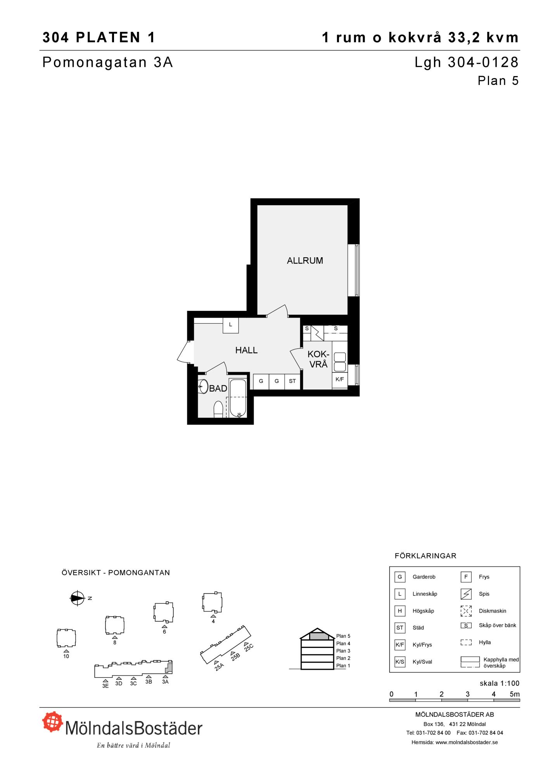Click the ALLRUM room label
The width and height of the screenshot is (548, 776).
click(305, 261)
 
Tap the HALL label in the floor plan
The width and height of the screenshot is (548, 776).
click(246, 350)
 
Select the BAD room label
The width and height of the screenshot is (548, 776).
click(218, 388)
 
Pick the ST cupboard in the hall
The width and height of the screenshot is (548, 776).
click(292, 381)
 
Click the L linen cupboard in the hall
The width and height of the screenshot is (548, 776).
click(230, 325)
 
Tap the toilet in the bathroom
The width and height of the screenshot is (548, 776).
click(218, 409)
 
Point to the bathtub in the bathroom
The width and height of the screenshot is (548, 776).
click(237, 398)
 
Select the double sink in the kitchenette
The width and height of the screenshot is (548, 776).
click(340, 362)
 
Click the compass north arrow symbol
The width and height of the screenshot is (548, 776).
click(77, 598)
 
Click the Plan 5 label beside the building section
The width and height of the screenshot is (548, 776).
click(343, 636)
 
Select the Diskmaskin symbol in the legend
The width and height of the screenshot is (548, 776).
click(466, 611)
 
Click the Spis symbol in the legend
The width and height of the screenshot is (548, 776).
click(466, 594)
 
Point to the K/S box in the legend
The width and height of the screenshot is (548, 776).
click(399, 662)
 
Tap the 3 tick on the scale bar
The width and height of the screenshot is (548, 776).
click(468, 694)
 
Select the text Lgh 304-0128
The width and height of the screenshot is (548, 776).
click(467, 62)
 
